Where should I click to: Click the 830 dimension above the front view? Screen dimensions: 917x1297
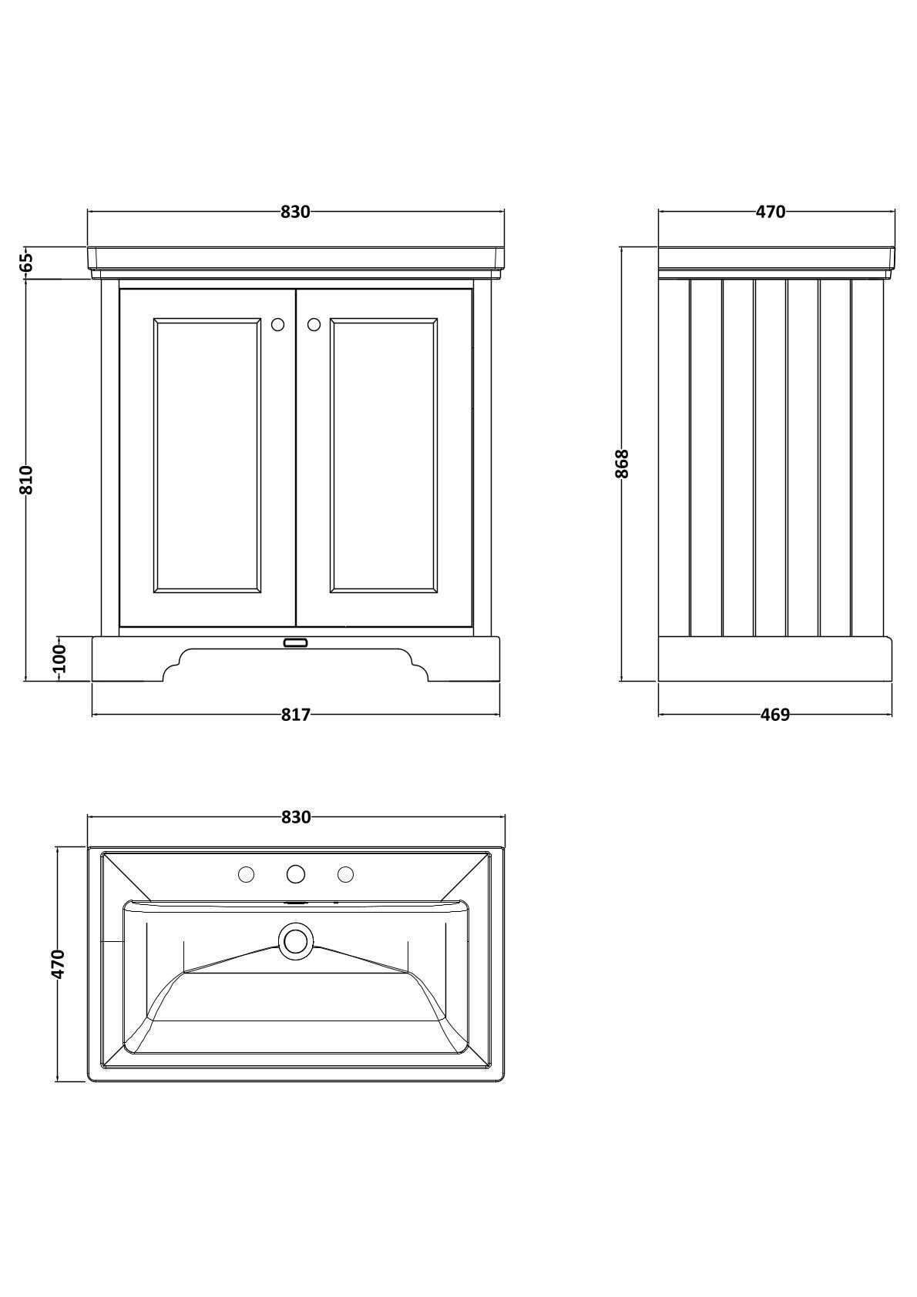pyautogui.click(x=295, y=212)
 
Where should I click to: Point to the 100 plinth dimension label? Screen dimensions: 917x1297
pyautogui.click(x=59, y=659)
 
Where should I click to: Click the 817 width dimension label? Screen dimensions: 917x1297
pyautogui.click(x=295, y=715)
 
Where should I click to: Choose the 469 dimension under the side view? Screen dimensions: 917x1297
pyautogui.click(x=775, y=715)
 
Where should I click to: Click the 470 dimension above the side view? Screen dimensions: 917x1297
pyautogui.click(x=771, y=212)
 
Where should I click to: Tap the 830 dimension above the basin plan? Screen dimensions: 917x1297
pyautogui.click(x=296, y=817)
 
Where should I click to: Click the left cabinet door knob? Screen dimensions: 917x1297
pyautogui.click(x=278, y=325)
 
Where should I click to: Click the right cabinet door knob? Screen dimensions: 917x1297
pyautogui.click(x=314, y=325)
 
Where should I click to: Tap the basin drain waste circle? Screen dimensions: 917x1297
pyautogui.click(x=296, y=940)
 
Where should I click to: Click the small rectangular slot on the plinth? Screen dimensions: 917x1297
pyautogui.click(x=296, y=642)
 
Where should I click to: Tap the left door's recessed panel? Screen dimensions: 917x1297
pyautogui.click(x=207, y=455)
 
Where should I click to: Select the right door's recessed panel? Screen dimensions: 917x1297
pyautogui.click(x=384, y=455)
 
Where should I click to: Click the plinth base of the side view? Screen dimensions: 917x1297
pyautogui.click(x=775, y=659)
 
